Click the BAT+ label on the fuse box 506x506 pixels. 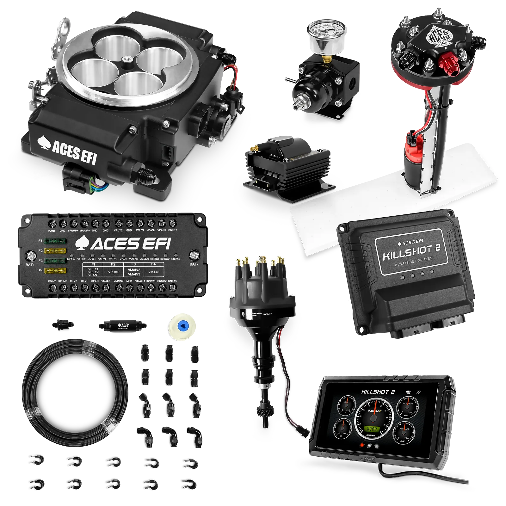[30, 264]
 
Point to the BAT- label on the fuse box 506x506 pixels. [194, 264]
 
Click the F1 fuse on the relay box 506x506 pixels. [55, 241]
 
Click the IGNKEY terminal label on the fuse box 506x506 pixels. [173, 231]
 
